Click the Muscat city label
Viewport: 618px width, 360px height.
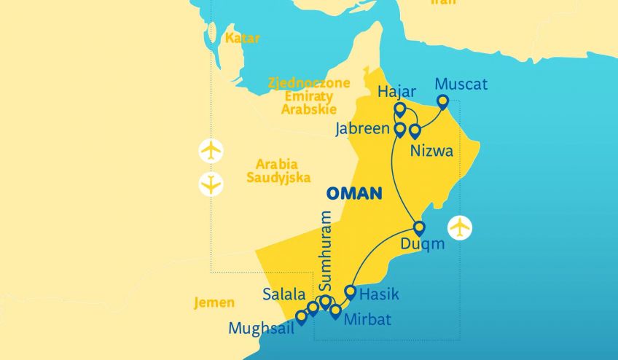461,85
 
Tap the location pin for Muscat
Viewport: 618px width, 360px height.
442,102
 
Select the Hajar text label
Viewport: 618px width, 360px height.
397,92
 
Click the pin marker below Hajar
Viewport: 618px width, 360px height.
399,110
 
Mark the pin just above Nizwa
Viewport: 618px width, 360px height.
415,131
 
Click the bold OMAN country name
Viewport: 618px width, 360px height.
354,193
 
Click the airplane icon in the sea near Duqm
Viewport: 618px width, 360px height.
460,227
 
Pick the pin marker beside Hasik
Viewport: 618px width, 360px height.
350,293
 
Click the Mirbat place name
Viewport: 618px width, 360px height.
367,320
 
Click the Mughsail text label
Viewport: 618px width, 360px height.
261,328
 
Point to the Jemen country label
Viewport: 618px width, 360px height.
214,303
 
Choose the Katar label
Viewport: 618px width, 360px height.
242,38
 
